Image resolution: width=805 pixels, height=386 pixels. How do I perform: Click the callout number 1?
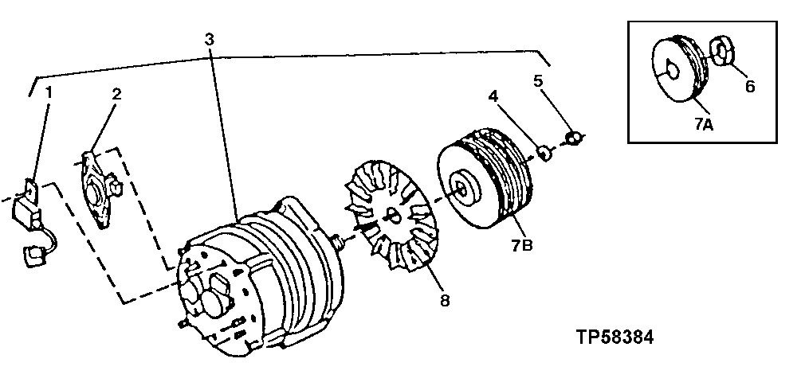[49, 92]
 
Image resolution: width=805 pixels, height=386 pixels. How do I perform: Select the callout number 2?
[116, 94]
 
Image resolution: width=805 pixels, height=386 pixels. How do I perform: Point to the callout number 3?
[209, 39]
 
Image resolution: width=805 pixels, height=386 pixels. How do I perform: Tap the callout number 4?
[493, 96]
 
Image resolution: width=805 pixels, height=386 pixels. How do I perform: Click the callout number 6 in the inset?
[749, 86]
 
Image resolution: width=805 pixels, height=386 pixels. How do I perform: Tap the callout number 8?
[444, 300]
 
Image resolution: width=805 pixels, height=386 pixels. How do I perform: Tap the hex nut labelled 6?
[721, 52]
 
